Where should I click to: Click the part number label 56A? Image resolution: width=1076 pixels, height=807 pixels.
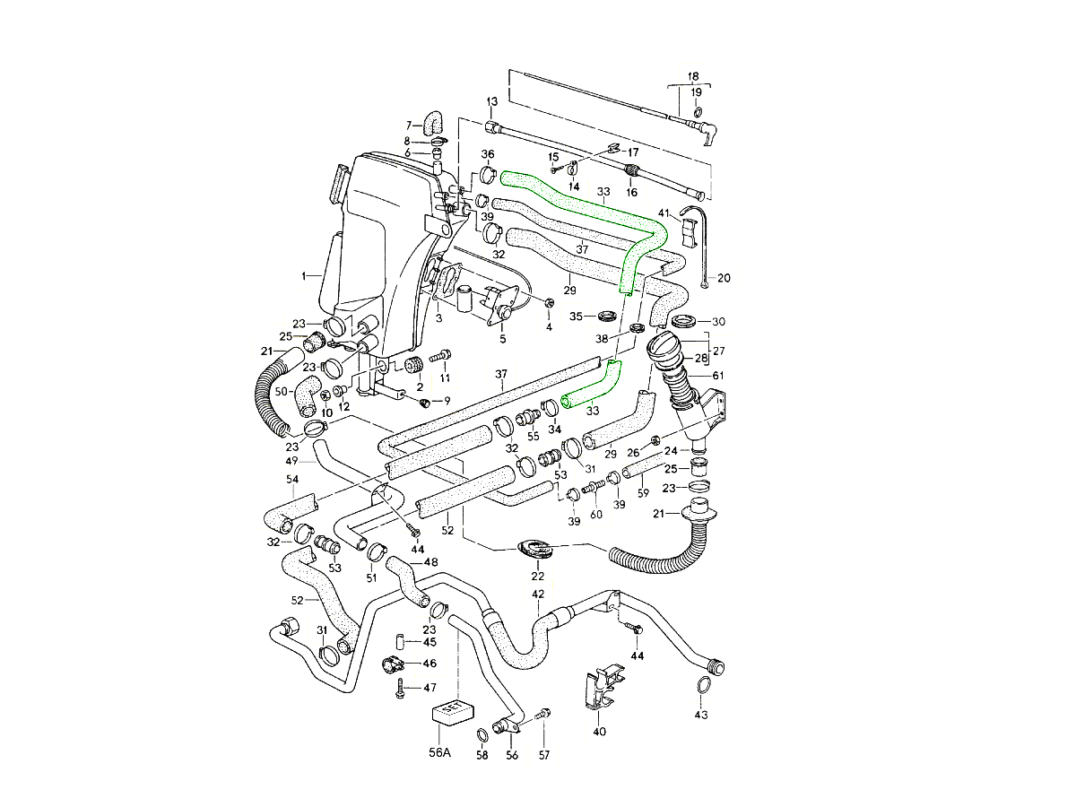click(439, 753)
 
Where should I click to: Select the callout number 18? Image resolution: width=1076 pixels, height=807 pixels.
click(693, 76)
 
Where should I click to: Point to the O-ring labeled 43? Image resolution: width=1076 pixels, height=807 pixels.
click(704, 687)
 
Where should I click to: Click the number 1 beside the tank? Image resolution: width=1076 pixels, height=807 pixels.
click(304, 275)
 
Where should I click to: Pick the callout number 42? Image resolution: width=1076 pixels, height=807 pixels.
click(538, 594)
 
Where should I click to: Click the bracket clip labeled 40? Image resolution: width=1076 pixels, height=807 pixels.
click(600, 691)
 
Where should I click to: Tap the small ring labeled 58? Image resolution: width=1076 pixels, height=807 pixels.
click(482, 735)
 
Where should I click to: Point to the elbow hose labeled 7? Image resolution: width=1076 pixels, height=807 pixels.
click(433, 119)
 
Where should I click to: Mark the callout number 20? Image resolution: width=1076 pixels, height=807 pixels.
click(724, 278)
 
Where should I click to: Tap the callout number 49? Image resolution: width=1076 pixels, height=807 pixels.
click(291, 461)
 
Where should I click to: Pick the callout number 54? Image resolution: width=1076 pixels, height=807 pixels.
click(292, 480)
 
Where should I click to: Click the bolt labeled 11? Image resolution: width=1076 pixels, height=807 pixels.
click(439, 356)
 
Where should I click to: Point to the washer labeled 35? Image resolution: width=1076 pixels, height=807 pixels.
click(606, 316)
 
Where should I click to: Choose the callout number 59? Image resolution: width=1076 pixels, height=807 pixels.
click(643, 492)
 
